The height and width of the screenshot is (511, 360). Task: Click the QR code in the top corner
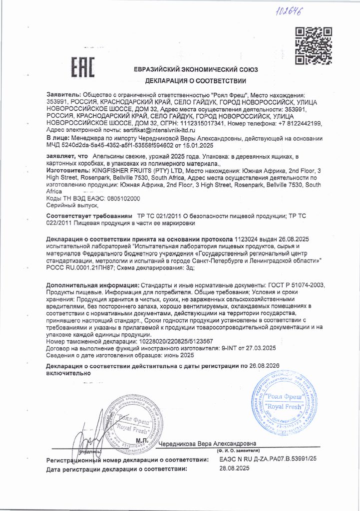(311, 46)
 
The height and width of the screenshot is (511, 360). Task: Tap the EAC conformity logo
(81, 67)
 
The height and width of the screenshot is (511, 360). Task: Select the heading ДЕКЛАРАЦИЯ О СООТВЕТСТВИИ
(196, 80)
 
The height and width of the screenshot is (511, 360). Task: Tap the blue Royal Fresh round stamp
(283, 402)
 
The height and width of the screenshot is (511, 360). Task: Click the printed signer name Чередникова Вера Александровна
(208, 443)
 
